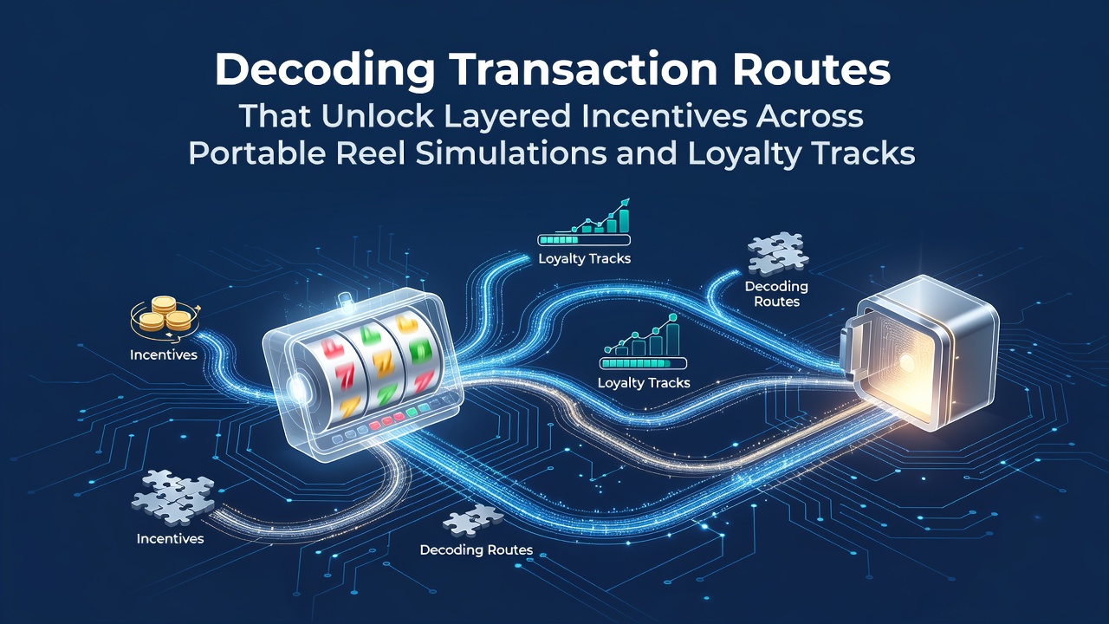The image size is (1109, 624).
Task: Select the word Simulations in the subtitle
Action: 511,153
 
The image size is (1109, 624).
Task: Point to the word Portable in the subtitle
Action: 257,153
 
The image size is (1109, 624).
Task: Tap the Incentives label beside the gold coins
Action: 164,354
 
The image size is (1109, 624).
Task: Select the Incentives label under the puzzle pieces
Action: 170,538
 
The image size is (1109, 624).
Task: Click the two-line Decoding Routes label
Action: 776,294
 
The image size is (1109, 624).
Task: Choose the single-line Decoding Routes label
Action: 477,549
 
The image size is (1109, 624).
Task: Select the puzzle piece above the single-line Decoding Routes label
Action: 473,520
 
